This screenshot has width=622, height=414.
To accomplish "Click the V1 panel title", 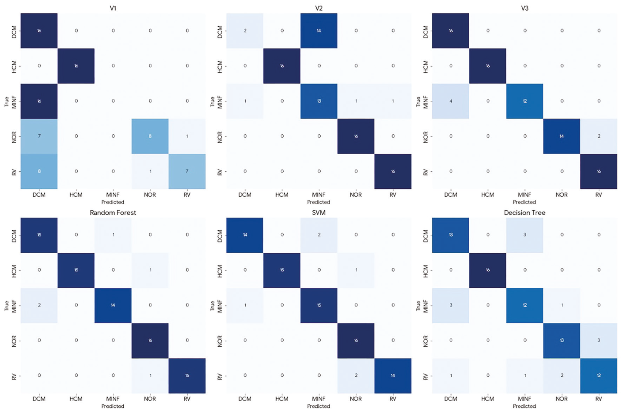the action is coord(113,8).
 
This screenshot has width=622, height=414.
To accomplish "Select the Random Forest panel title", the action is coord(113,213).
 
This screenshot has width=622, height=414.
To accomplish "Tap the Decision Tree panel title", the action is coord(524,213).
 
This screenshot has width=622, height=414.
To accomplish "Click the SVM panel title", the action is coord(319,213).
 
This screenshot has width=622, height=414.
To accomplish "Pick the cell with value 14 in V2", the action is coord(319,31).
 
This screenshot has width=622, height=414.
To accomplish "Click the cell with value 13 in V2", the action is coord(319,101).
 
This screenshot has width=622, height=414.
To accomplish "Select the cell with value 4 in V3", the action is coord(451,101).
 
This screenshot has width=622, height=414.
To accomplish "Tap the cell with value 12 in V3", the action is coord(525,101).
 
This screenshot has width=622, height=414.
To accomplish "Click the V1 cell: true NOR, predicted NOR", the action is coord(150,136).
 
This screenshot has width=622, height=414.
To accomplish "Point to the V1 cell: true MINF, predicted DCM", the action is coord(39,101).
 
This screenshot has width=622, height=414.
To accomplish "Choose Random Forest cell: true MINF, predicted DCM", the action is coord(39,305).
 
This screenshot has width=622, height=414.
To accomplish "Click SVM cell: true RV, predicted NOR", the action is coord(356,376).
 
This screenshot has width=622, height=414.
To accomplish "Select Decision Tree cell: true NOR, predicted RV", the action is coord(599,340).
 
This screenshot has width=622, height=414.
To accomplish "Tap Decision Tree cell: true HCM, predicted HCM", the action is coord(488,270).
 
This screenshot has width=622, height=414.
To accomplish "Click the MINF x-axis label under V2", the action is coord(319,195).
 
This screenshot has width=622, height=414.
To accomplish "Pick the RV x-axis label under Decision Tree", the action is coord(599,399).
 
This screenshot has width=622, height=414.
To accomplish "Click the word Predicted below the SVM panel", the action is coord(319,406).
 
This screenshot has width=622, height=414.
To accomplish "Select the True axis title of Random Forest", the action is coord(6,305).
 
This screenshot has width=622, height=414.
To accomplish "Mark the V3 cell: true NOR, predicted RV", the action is coord(599,136).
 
